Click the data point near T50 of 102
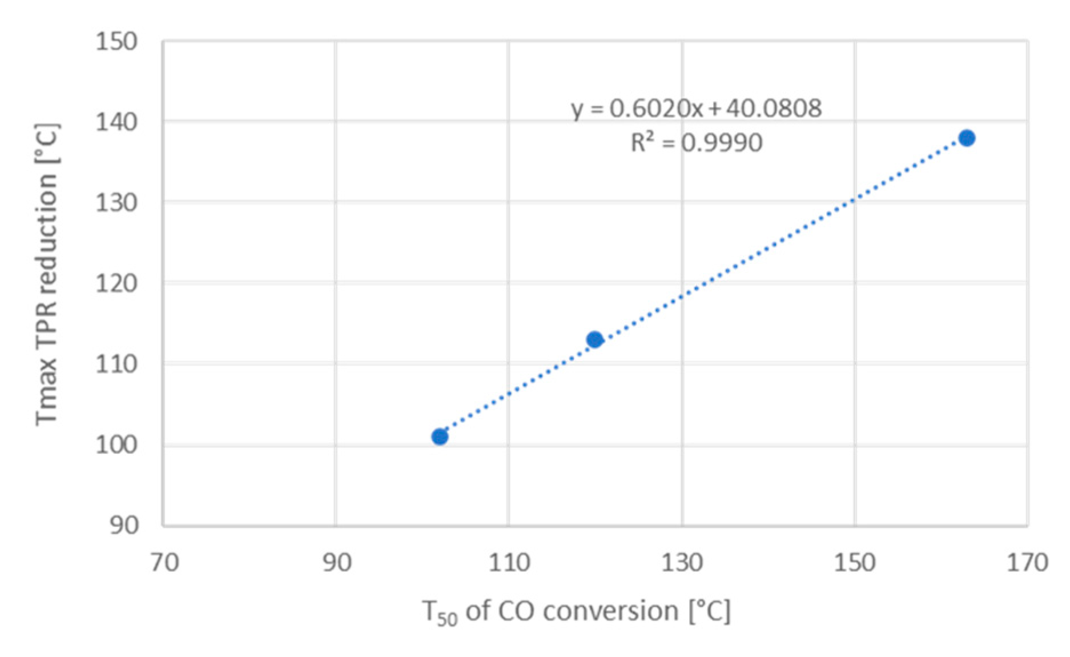click(440, 437)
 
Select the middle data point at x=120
click(595, 339)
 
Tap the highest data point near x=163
click(967, 138)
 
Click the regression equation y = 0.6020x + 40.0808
click(696, 108)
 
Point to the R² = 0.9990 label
click(696, 142)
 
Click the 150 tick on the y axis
click(116, 42)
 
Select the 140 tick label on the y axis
click(116, 122)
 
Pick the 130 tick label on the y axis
click(116, 203)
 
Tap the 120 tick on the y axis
click(116, 283)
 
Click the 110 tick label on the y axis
click(116, 364)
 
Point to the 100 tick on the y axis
click(116, 444)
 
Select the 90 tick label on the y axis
click(124, 525)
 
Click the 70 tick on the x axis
click(164, 563)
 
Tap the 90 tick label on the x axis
click(337, 563)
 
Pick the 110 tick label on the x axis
click(509, 563)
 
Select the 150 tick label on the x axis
click(855, 563)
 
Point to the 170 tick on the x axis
click(1027, 563)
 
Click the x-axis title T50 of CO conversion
click(577, 612)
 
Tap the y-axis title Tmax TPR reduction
click(47, 274)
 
